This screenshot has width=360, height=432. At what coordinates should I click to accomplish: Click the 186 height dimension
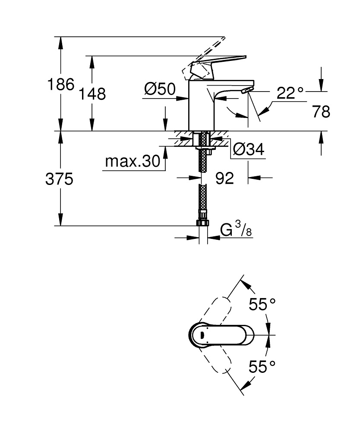tap(60, 84)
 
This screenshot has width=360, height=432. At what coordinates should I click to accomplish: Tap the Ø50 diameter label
tap(160, 90)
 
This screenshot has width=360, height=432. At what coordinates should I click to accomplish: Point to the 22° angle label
tap(290, 93)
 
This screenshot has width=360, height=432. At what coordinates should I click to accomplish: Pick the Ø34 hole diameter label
tap(248, 149)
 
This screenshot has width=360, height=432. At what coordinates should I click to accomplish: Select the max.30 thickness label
tap(132, 162)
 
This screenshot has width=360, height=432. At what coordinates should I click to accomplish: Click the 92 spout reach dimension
tap(224, 178)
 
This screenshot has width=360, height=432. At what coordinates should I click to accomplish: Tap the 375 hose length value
tap(59, 179)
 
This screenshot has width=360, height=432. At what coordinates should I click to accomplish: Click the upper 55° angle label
tap(262, 305)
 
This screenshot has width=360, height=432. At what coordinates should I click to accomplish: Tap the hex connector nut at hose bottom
tap(202, 222)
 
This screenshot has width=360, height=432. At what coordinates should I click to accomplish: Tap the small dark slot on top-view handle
tap(202, 335)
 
